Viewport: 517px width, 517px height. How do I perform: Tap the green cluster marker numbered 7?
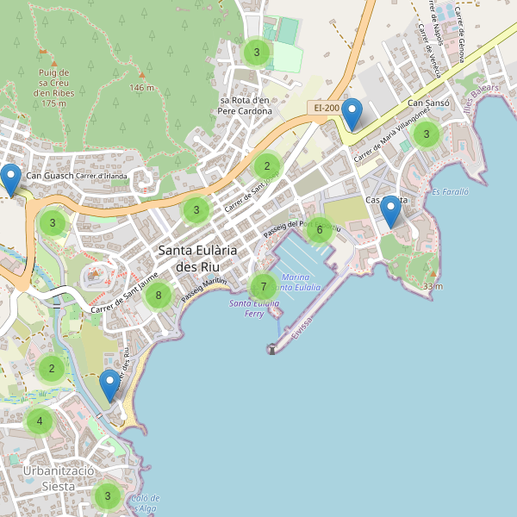click(x=263, y=287)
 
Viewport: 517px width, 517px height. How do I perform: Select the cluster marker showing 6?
click(x=320, y=229)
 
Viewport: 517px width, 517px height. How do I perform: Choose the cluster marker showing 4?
click(x=39, y=422)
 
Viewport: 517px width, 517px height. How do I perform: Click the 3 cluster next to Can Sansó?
click(x=426, y=134)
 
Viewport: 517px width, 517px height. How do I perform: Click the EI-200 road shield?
click(x=326, y=108)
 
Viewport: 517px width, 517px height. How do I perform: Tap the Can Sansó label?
click(x=428, y=103)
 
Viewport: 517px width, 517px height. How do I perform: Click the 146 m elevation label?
click(x=141, y=88)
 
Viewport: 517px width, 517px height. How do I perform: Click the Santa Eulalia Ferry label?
click(x=253, y=308)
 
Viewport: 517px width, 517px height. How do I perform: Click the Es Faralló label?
click(x=449, y=191)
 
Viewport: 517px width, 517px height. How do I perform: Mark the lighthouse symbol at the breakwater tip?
click(x=271, y=349)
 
